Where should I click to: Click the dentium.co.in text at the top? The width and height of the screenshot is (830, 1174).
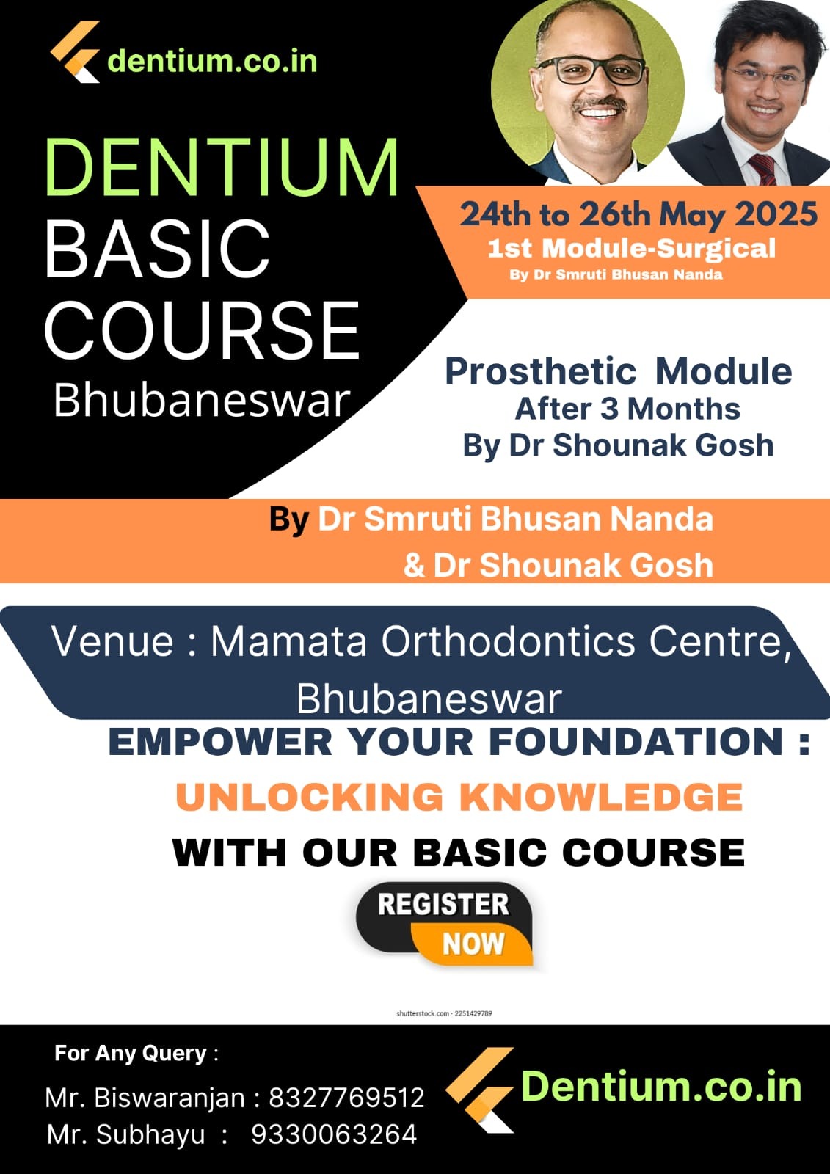(212, 62)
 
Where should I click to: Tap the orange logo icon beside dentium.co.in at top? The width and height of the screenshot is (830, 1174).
(75, 51)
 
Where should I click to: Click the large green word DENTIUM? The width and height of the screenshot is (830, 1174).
(222, 167)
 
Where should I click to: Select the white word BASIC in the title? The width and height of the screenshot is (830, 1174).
(157, 248)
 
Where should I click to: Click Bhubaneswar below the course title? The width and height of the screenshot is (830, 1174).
(202, 401)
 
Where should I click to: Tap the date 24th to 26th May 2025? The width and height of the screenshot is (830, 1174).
(638, 215)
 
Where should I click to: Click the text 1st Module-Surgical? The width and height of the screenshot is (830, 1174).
(631, 249)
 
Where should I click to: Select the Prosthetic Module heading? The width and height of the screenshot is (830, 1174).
(618, 371)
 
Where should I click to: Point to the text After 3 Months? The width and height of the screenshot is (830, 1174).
(627, 409)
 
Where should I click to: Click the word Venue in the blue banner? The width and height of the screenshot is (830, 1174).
(112, 641)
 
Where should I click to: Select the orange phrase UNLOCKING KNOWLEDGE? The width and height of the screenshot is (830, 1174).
(459, 797)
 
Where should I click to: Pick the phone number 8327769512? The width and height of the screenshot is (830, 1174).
(346, 1098)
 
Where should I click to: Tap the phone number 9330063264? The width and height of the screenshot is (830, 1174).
(334, 1134)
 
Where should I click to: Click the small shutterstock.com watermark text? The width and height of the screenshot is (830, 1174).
(444, 1013)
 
